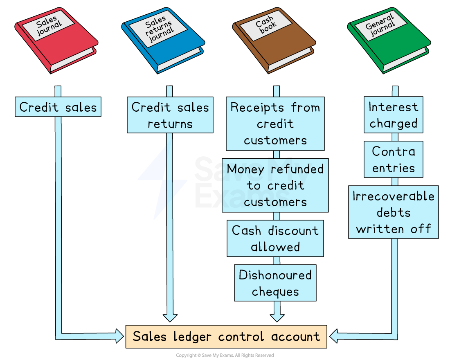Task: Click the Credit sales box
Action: (x=58, y=107)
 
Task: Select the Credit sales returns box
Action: (x=170, y=115)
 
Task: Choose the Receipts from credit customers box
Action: (x=275, y=124)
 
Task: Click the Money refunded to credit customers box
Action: (x=275, y=185)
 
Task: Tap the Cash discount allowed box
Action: (x=275, y=239)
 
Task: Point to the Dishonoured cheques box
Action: (x=275, y=283)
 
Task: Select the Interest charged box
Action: (x=393, y=115)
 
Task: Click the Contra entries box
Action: (x=393, y=160)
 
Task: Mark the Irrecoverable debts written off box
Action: (x=393, y=212)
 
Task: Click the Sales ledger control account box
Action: (x=226, y=337)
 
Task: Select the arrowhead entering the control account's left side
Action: (x=119, y=336)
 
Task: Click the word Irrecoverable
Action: (x=393, y=196)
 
